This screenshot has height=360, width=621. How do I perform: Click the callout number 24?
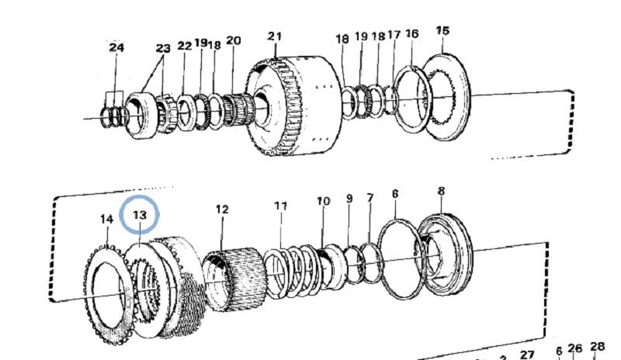pos(116,48)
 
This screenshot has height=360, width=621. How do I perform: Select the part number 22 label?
pos(184,46)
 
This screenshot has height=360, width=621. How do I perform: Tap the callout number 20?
pos(233,40)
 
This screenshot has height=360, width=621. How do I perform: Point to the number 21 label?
pos(275,36)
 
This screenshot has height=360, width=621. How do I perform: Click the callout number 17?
pos(394,35)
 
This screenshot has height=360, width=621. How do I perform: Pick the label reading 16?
pos(412,33)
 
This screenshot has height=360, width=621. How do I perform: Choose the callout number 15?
pos(442,31)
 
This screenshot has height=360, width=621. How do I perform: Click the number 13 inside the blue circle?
pos(140,213)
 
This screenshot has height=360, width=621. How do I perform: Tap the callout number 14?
pos(106,219)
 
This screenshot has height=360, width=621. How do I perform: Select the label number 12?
pos(222,209)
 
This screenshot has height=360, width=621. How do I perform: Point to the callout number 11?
pos(280,206)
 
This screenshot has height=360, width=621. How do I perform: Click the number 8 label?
pos(441,191)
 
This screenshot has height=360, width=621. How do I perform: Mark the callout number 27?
pos(526,354)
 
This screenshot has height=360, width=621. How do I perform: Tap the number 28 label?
pos(597,347)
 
